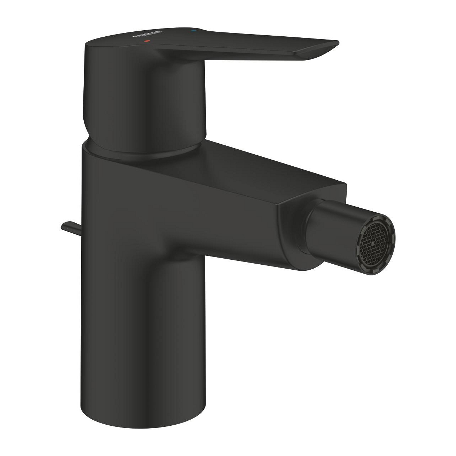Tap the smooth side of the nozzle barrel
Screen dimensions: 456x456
(x=331, y=228)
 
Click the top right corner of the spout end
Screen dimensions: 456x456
(x=345, y=185)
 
